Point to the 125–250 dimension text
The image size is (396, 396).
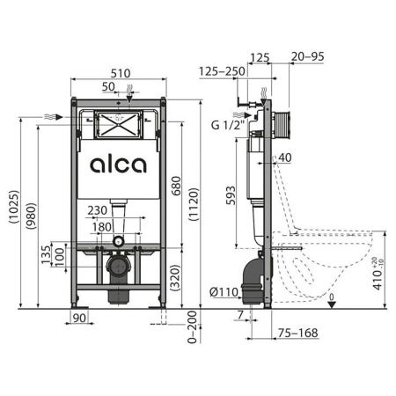click(x=222, y=70)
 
